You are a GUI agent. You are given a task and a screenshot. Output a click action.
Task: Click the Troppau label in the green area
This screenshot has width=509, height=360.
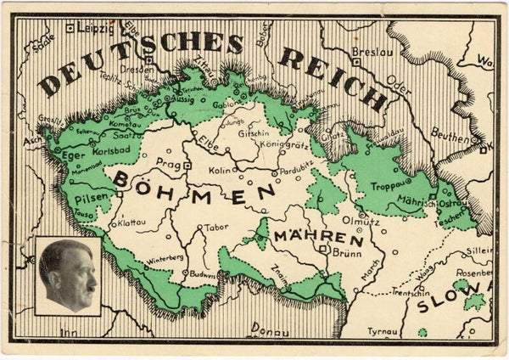[x=388, y=183]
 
